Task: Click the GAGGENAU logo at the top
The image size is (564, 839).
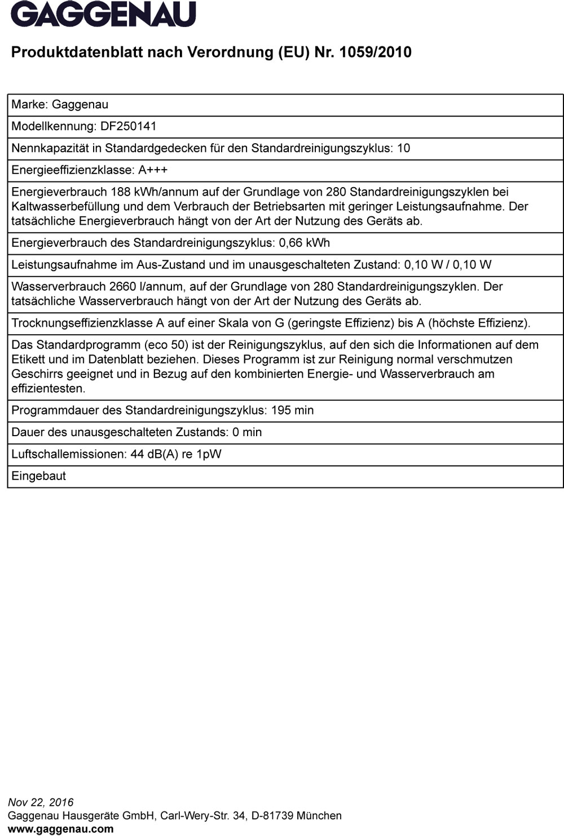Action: click(x=104, y=15)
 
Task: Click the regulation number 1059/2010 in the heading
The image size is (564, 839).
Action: click(x=376, y=52)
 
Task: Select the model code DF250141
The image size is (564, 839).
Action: click(x=128, y=126)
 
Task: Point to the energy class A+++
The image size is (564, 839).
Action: click(x=153, y=170)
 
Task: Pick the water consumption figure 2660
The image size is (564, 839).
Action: click(x=124, y=287)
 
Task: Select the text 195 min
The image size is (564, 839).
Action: click(x=292, y=410)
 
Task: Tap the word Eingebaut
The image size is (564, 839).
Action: click(x=39, y=476)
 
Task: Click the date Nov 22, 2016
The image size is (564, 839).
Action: click(x=41, y=802)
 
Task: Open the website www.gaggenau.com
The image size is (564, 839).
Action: click(x=60, y=829)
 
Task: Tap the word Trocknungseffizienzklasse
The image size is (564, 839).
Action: click(x=82, y=323)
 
